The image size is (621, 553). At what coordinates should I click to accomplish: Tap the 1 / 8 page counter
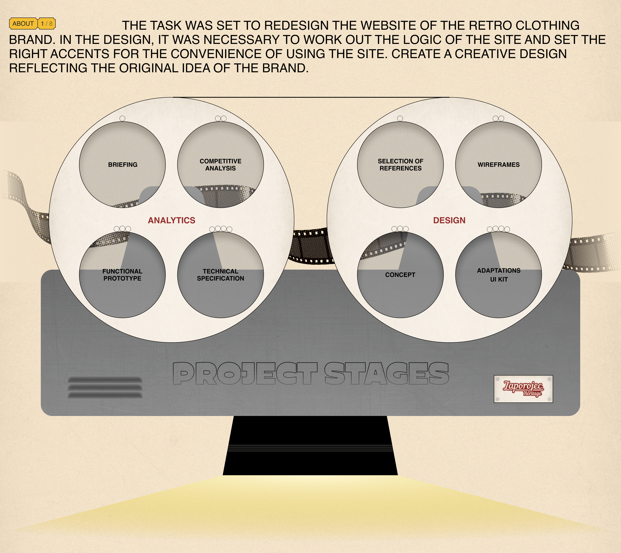pos(47,24)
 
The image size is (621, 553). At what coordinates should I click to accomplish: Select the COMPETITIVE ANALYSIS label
pos(220,165)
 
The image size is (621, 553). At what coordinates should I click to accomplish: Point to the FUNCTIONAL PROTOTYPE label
pos(122,275)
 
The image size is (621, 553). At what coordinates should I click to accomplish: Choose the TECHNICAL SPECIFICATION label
pos(220,275)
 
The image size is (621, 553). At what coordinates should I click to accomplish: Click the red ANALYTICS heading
pos(171,220)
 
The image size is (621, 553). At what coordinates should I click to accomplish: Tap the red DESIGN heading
pos(449,220)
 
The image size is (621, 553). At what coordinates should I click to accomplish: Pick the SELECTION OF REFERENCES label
pos(400,165)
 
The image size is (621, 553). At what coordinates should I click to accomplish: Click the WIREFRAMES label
pos(499,165)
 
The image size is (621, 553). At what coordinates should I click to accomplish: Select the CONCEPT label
pos(400,275)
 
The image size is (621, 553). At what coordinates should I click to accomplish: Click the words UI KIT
pos(499,279)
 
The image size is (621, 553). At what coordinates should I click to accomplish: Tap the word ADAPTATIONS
pos(499,271)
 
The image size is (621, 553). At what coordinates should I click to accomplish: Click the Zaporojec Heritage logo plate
pos(523,389)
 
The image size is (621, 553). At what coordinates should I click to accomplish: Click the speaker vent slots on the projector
pos(105,387)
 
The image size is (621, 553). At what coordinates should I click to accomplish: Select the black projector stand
pos(310,445)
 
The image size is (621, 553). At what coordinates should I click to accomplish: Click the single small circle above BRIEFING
pos(122,118)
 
